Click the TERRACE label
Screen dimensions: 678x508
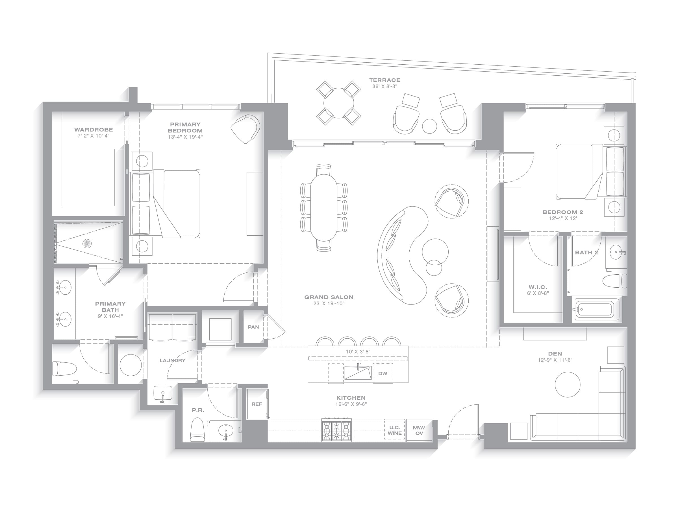[x=385, y=80]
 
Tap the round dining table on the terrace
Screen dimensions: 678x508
[x=339, y=103]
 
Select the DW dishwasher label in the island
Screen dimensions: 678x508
[x=383, y=373]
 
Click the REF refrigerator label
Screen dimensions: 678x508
[x=257, y=404]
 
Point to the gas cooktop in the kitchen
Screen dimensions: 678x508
[x=336, y=430]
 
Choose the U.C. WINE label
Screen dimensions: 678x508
[x=395, y=430]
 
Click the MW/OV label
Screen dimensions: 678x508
[x=419, y=430]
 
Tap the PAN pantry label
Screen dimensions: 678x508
[x=253, y=327]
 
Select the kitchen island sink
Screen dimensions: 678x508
[x=358, y=373]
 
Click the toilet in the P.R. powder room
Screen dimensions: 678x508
[x=197, y=429]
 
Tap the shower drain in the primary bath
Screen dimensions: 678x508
[x=87, y=244]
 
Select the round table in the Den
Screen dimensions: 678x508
[x=568, y=385]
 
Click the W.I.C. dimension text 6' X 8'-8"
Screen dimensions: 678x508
[x=538, y=293]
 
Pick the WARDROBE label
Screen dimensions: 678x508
[x=94, y=130]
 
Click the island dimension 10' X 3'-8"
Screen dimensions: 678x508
[x=358, y=352]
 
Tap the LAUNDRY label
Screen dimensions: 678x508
[x=173, y=360]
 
